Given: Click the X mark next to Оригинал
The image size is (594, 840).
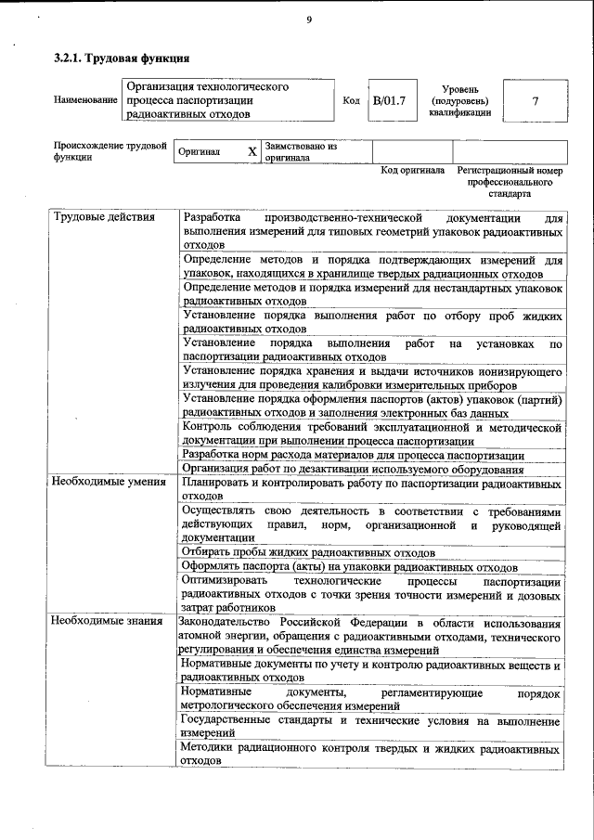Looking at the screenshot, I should point(252,151).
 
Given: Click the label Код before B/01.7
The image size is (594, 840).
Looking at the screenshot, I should point(351,100).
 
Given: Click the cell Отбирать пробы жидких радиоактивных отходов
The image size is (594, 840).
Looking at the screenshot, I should point(310,552).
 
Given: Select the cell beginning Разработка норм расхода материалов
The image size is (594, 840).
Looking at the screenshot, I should point(353,455).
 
